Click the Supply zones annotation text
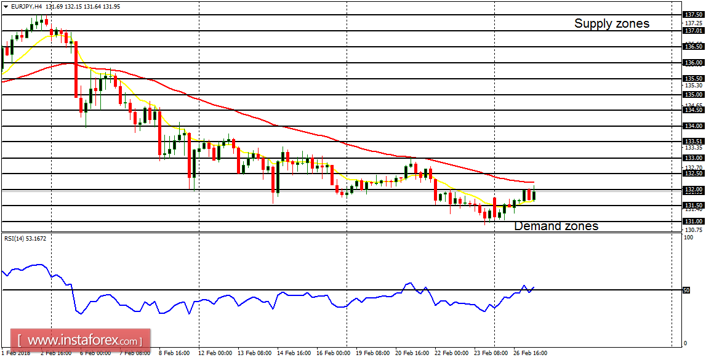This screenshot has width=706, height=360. click(x=611, y=23)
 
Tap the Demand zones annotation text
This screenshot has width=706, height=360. click(x=556, y=226)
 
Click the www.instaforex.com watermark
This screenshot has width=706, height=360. click(x=81, y=340)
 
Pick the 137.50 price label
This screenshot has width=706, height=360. click(x=693, y=15)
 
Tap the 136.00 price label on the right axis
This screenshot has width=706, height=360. click(x=693, y=63)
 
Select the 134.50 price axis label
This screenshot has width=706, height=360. click(x=693, y=110)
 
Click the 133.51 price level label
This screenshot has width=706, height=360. click(x=693, y=142)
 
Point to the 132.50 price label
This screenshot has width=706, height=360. click(x=693, y=174)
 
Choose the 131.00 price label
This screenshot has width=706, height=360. click(x=693, y=222)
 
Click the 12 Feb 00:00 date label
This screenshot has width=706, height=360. click(x=215, y=354)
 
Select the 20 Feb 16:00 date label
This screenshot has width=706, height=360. click(x=412, y=354)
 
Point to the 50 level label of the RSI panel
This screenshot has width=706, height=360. click(x=687, y=290)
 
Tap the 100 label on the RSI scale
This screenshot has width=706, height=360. click(x=689, y=238)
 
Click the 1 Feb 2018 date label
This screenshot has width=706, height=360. click(x=17, y=354)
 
